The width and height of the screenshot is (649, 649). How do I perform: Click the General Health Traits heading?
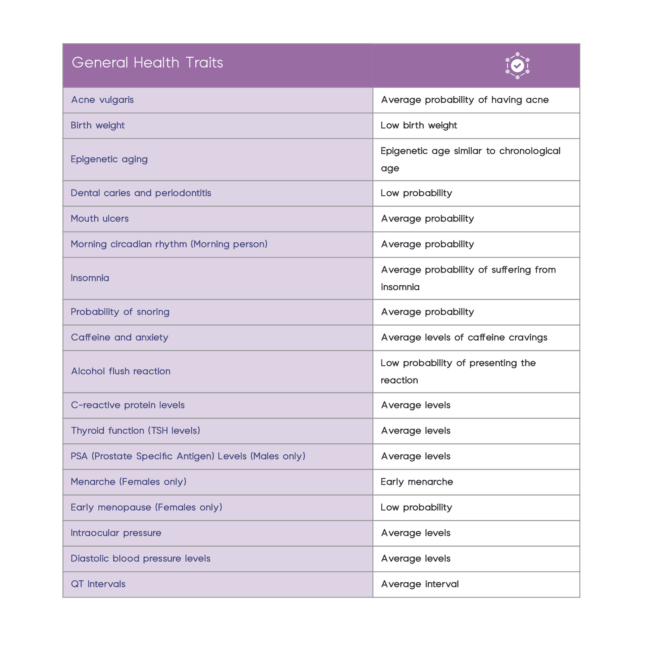147,63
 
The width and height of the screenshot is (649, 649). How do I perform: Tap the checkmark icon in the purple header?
517,65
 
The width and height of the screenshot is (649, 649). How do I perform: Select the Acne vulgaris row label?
102,100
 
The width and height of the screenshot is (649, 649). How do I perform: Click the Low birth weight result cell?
419,125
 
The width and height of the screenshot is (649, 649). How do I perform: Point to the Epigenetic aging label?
109,159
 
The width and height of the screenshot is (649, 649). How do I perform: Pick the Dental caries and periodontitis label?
141,193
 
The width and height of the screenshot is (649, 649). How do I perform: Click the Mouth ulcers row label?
99,218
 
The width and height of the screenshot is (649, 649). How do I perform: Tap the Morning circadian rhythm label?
169,244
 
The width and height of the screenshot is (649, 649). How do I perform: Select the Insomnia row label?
90,278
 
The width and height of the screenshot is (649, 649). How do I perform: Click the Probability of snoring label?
120,312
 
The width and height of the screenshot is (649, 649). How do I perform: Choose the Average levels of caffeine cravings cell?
464,337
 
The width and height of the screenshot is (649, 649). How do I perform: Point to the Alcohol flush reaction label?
121,371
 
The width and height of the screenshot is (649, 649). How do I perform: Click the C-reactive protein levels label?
128,405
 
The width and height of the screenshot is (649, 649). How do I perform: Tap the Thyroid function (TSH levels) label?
135,431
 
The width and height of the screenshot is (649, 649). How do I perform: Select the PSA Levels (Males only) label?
188,456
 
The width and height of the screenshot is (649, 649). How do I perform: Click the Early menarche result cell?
417,482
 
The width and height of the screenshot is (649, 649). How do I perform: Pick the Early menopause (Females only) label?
146,507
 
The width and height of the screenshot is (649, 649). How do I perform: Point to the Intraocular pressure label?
116,533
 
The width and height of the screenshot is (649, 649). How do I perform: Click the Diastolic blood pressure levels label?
140,558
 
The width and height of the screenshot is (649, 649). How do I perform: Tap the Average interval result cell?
420,584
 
